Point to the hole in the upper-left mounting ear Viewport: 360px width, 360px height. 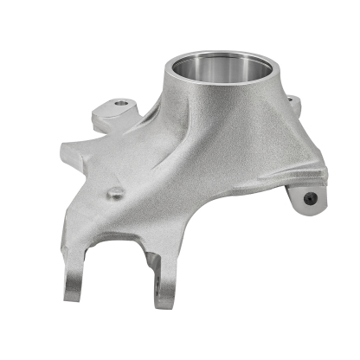(x=119, y=106)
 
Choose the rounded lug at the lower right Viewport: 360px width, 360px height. (x=305, y=197)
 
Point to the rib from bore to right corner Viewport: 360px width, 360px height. (x=290, y=138)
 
